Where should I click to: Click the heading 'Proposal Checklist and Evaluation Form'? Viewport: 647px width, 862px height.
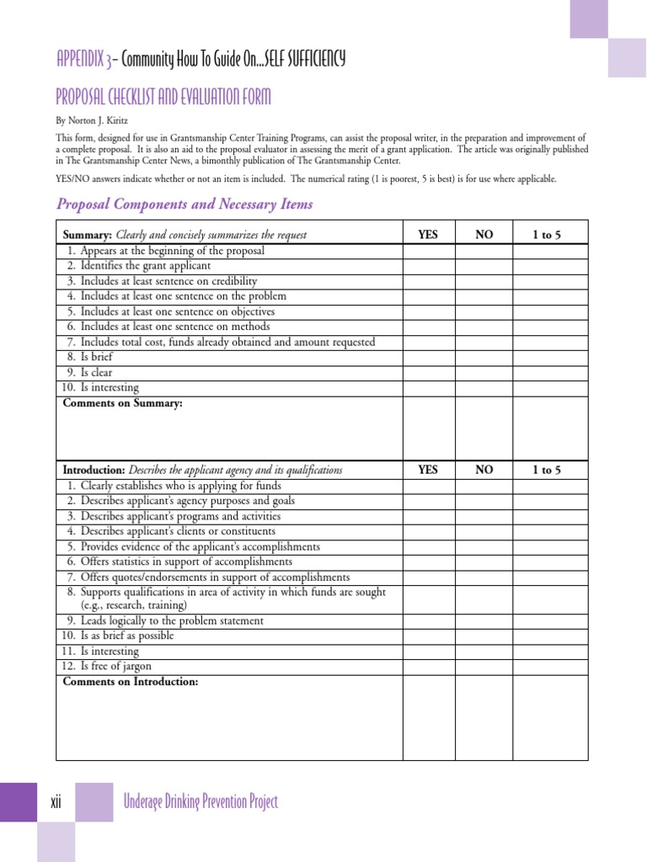coord(163,98)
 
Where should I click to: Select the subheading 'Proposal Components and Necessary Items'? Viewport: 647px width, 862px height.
coord(184,204)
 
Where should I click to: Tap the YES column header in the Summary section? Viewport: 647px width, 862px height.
coord(428,235)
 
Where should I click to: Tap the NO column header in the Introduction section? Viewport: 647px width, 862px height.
coord(484,470)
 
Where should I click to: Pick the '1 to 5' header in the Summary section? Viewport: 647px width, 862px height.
coord(547,235)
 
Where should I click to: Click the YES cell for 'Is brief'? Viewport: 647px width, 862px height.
coord(428,357)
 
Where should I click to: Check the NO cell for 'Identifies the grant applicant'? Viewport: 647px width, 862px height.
coord(484,266)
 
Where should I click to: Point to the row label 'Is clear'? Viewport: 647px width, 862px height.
coord(96,372)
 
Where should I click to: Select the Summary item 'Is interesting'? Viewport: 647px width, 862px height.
coord(110,387)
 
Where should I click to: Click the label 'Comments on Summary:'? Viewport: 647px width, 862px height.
coord(123,403)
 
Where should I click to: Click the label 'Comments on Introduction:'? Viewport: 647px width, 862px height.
coord(131,681)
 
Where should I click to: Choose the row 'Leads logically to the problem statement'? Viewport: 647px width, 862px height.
coord(172,620)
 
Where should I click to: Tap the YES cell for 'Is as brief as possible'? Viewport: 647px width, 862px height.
coord(428,636)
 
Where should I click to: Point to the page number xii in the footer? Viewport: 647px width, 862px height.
coord(56,802)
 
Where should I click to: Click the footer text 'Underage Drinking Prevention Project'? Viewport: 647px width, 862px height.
coord(200,802)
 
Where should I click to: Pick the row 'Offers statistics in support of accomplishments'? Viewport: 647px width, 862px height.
coord(186,561)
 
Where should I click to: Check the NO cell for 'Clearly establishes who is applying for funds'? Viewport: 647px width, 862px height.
coord(484,486)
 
